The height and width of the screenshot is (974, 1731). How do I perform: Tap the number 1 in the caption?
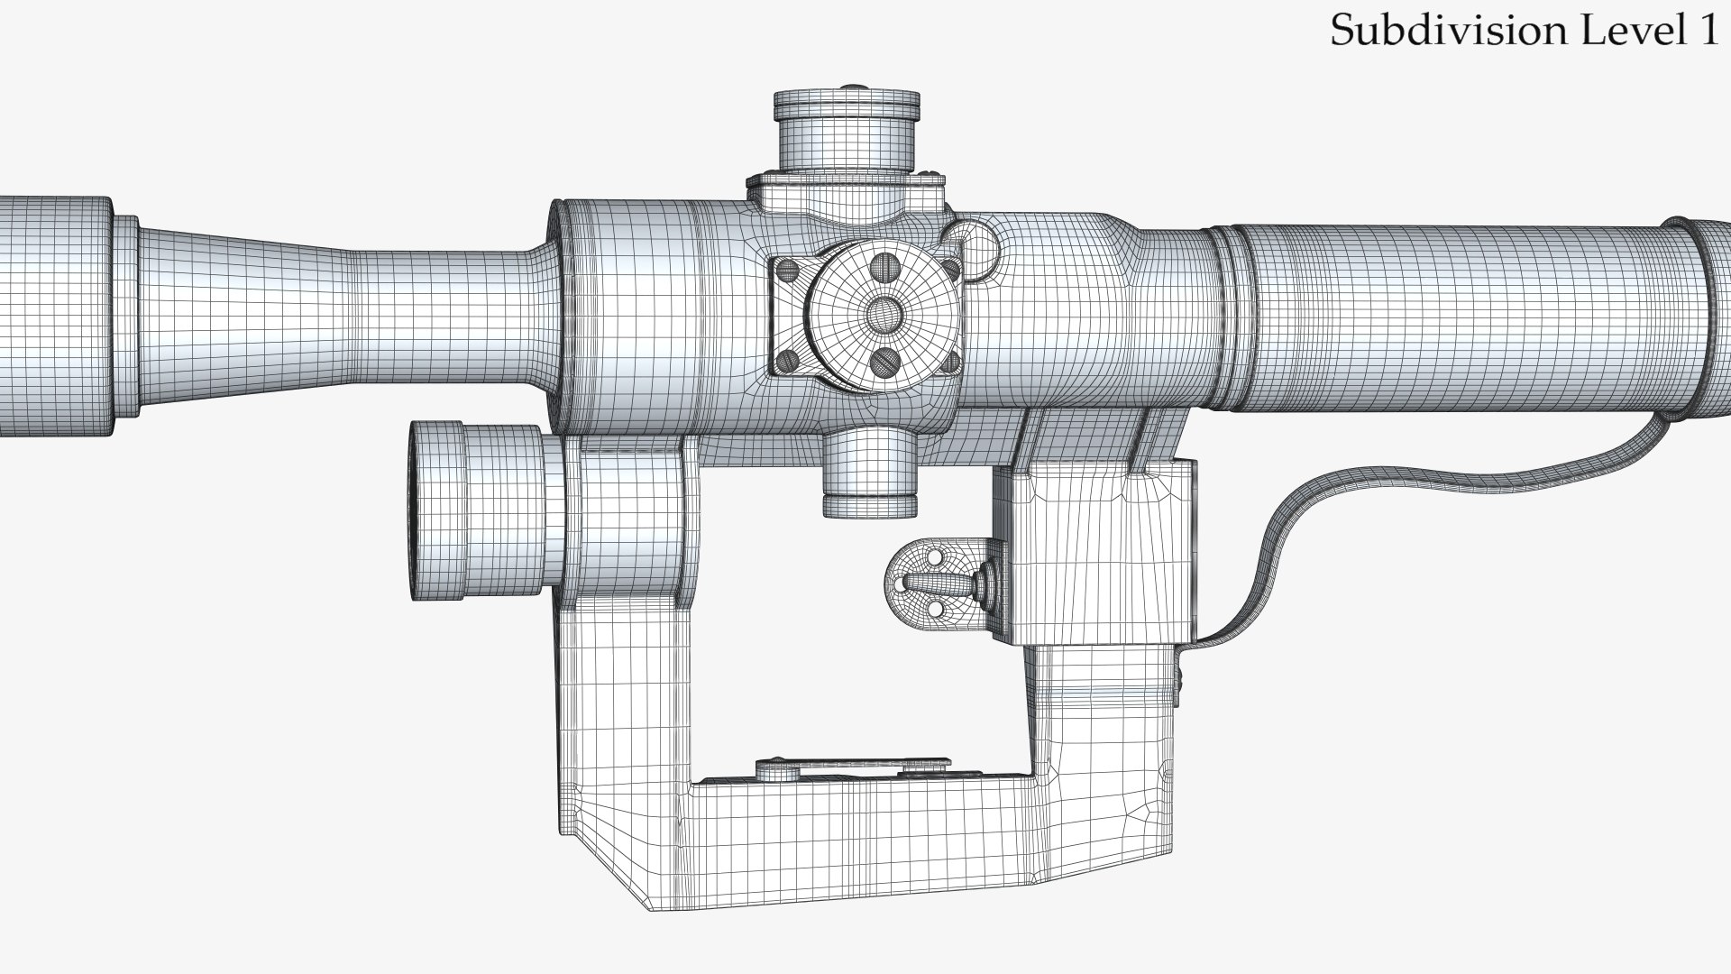1708,31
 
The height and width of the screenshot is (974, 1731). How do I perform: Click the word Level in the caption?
1633,31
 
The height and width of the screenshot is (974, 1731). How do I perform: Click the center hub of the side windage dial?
883,313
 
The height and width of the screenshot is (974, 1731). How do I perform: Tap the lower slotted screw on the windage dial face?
882,362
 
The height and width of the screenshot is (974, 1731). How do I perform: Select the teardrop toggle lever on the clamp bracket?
947,586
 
